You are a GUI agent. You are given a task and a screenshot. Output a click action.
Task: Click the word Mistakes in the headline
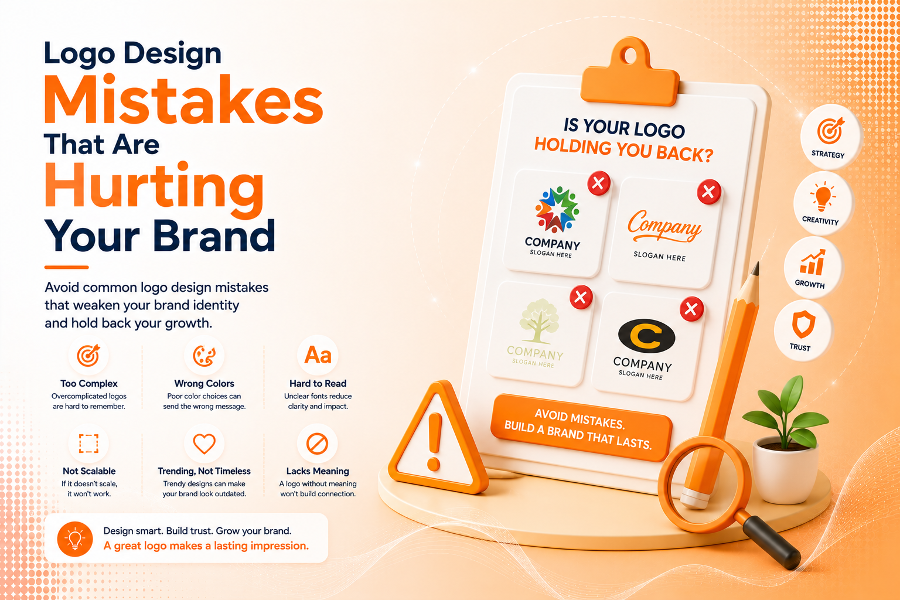tap(183, 99)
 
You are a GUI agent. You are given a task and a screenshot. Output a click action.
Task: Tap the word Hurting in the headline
tap(154, 190)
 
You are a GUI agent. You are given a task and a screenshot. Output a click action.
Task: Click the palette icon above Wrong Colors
tap(204, 356)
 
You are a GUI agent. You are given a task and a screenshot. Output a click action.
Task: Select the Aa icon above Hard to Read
tap(318, 355)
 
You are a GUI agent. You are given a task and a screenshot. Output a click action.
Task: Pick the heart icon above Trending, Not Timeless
tap(204, 444)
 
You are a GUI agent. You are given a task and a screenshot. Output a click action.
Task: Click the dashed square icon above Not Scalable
tap(88, 444)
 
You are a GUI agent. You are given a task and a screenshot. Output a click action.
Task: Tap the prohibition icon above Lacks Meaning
tap(318, 444)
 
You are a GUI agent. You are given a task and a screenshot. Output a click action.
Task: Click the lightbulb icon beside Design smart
tap(75, 539)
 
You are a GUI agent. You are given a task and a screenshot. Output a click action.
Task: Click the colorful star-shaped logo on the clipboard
tap(557, 210)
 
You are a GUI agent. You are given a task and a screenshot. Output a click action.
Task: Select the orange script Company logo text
tap(664, 226)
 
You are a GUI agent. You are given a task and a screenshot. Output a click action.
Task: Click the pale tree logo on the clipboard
tap(539, 321)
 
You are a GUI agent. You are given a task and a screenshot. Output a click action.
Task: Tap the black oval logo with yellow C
tap(646, 336)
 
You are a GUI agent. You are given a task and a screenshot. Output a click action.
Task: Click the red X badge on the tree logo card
tap(581, 298)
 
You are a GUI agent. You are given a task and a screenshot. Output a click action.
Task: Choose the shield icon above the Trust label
tap(803, 324)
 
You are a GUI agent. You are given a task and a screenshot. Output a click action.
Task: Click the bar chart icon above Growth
tap(812, 262)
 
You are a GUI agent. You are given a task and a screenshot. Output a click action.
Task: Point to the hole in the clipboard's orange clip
tap(630, 56)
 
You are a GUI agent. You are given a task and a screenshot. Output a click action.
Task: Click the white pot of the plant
tap(785, 470)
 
